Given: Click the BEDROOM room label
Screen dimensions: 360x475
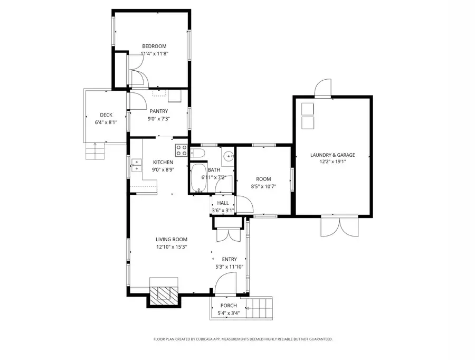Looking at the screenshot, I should [x=154, y=46].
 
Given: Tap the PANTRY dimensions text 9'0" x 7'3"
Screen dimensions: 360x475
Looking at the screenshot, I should [x=158, y=119].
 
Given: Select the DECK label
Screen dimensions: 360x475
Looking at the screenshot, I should [x=106, y=115].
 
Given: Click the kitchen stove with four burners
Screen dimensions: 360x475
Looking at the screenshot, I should [x=182, y=149].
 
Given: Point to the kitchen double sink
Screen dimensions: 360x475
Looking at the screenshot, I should [x=136, y=165].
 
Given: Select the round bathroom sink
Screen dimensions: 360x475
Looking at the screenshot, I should [x=227, y=156].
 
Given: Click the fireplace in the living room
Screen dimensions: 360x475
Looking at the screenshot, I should [x=163, y=293].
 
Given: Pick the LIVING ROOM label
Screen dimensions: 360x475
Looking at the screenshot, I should [x=172, y=239].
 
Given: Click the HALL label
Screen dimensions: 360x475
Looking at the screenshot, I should [x=223, y=203].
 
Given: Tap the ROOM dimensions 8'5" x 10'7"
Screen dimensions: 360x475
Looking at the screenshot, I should [x=263, y=186].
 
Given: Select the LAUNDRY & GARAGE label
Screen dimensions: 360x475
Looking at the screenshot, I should [x=332, y=155].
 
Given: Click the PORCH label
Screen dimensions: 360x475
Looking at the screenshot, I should [x=229, y=306].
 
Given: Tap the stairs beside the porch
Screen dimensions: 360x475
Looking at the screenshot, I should [x=262, y=307].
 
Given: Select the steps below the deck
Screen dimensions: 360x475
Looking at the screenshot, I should [x=96, y=152].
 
